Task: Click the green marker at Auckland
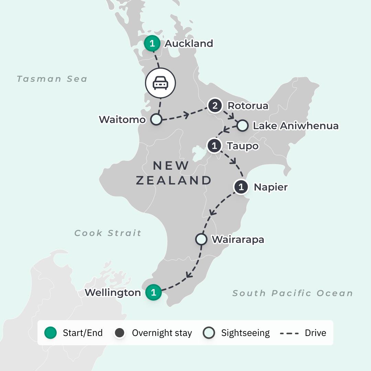coord(152,44)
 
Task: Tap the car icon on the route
coord(160,83)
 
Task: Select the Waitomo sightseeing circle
coord(156,119)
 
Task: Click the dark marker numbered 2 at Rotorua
coord(215,105)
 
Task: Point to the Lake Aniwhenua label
coord(295,126)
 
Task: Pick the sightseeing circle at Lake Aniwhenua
coord(242,126)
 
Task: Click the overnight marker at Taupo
coord(214,146)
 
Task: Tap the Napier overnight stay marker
coord(241,187)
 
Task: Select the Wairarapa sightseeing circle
coord(201,239)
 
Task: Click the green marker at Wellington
coord(154,293)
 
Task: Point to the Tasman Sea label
coord(52,79)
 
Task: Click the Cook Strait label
coord(108,233)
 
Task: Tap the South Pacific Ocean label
coord(293,293)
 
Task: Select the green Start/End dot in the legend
coord(50,333)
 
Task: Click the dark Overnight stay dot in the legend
coord(120,333)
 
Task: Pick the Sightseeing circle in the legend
coord(209,333)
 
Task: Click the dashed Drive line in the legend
coord(289,333)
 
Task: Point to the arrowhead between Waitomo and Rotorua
coord(186,114)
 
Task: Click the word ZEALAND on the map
coord(173,180)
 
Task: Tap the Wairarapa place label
coord(238,239)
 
